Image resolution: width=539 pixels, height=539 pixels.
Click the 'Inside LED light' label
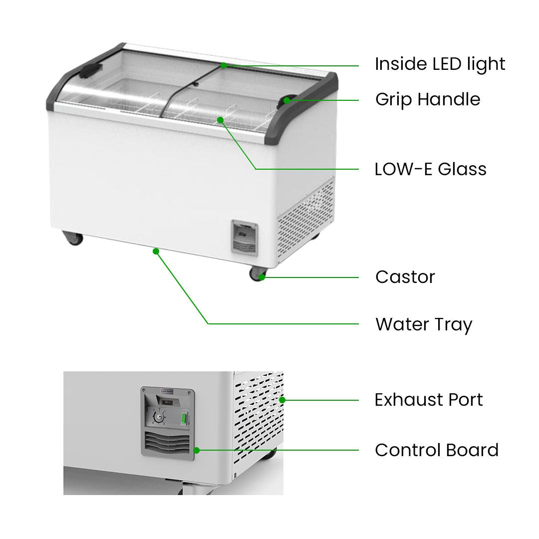(x=440, y=64)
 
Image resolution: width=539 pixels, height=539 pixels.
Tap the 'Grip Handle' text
(x=428, y=99)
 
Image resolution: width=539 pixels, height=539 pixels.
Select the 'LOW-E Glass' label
(x=430, y=169)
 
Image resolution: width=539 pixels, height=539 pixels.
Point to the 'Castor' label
(x=405, y=277)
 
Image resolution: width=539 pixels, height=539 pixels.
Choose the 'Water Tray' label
(x=424, y=324)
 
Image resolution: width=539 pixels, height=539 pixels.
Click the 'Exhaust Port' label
(x=429, y=400)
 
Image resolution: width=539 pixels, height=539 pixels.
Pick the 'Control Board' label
(x=437, y=450)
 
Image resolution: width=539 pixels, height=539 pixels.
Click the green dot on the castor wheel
(x=262, y=277)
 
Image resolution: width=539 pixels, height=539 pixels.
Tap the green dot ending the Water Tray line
(x=156, y=252)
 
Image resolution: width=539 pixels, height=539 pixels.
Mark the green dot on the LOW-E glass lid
(x=221, y=120)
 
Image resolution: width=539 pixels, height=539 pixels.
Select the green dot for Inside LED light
(x=224, y=65)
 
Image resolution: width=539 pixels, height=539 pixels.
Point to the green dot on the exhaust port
(x=282, y=400)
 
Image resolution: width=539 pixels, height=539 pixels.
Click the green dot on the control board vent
(x=197, y=450)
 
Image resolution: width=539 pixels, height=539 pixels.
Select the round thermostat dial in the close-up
(x=159, y=418)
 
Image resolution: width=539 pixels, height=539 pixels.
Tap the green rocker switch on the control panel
(x=184, y=419)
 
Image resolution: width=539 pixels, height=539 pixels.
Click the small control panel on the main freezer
(x=245, y=238)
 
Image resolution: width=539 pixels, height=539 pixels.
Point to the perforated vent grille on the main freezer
(x=305, y=221)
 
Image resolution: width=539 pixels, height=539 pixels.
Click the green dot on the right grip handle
(x=286, y=100)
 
